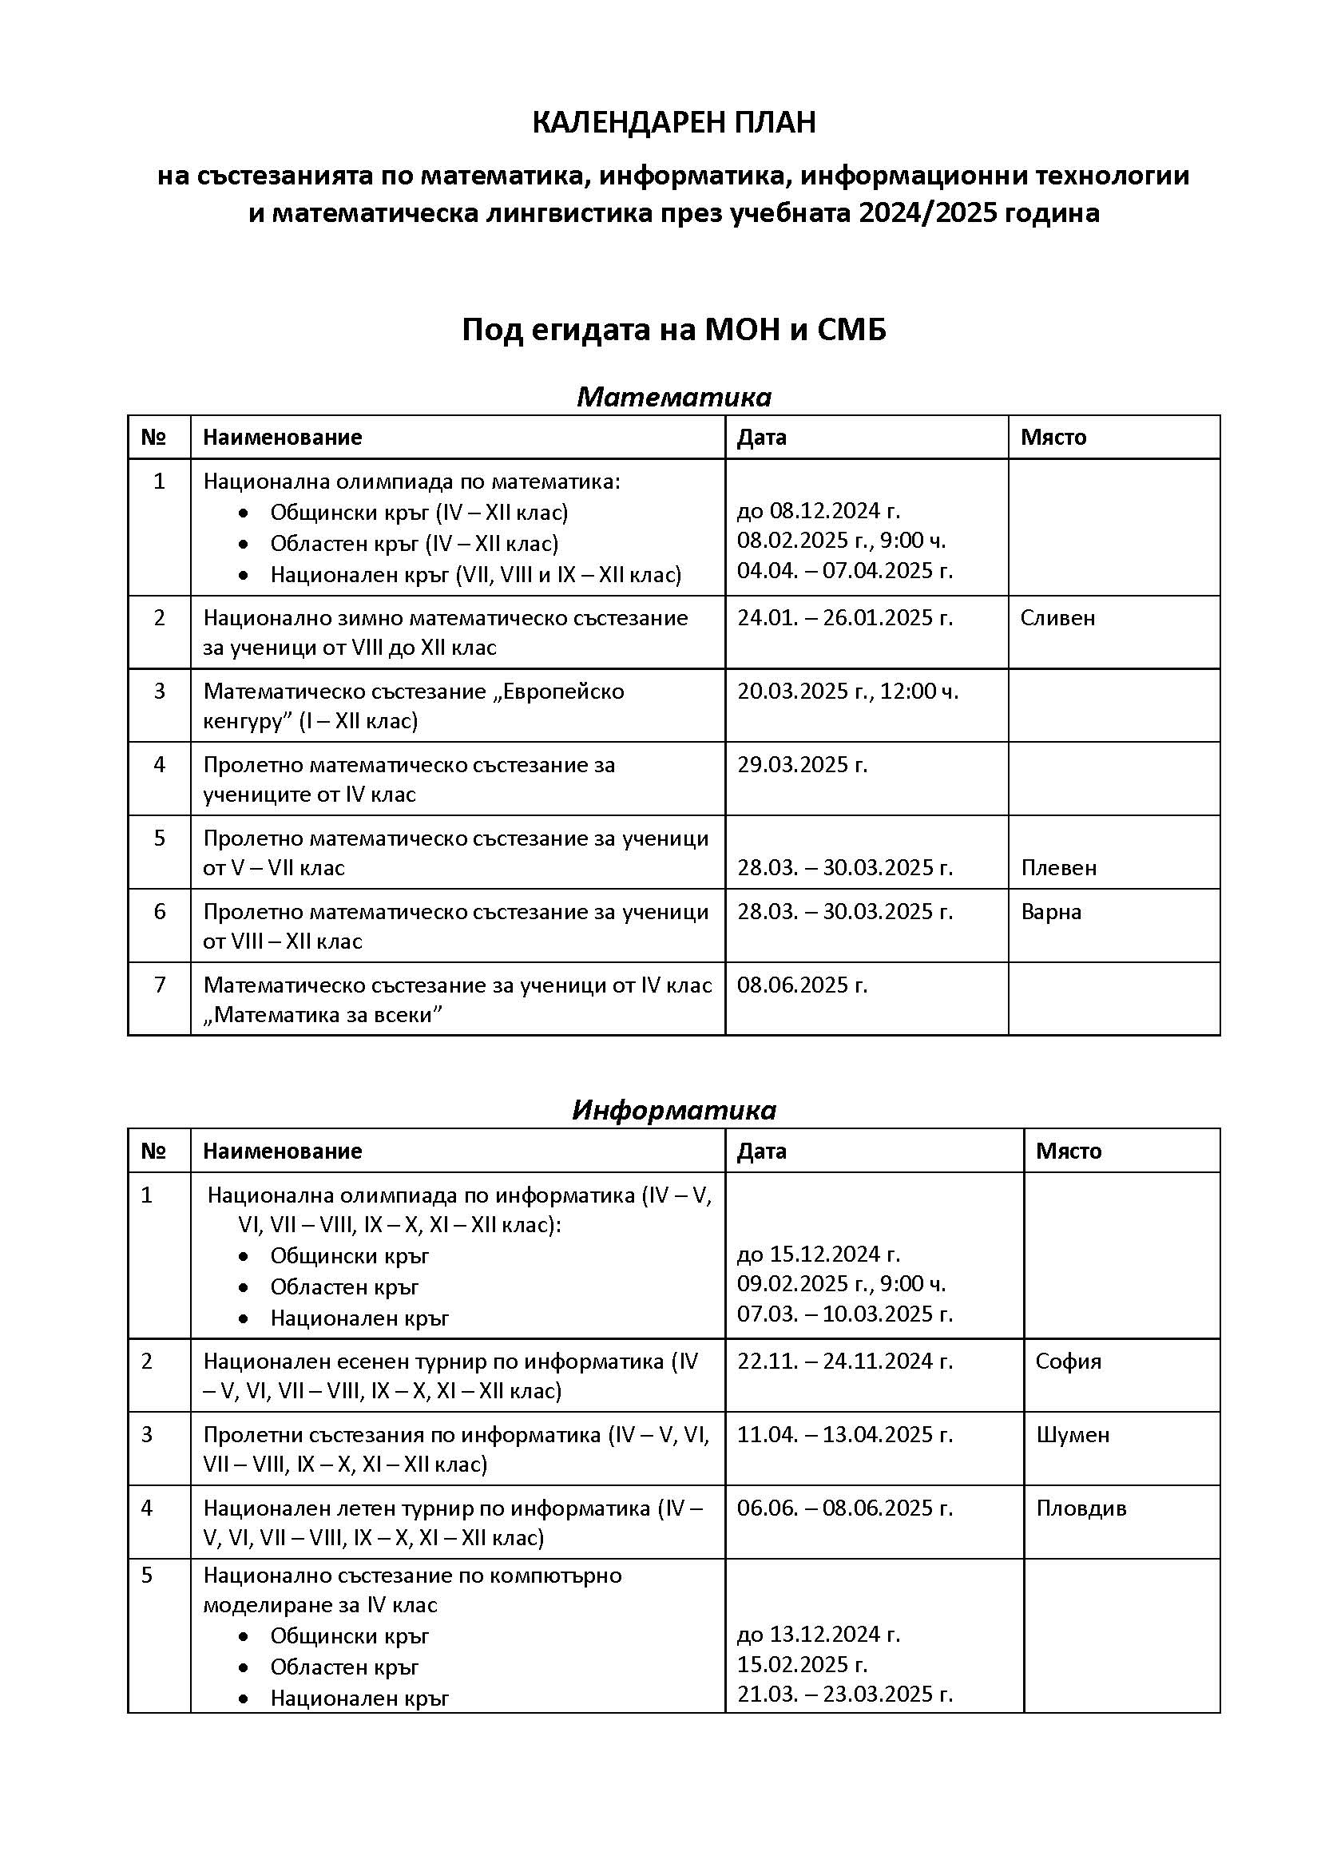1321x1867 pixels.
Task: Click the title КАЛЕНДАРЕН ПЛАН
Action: tap(673, 123)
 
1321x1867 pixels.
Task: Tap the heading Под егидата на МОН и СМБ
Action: tap(673, 330)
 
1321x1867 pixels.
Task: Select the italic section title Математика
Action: tap(673, 397)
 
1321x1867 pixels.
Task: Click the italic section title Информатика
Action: tap(673, 1110)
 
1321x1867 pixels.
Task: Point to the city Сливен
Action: tap(1057, 618)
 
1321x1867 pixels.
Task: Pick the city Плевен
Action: tap(1058, 868)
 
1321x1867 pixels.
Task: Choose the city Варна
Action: tap(1051, 912)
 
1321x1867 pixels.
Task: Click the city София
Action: tap(1068, 1362)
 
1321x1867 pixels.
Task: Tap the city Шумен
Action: tap(1072, 1434)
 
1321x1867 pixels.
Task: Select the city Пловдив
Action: tap(1081, 1508)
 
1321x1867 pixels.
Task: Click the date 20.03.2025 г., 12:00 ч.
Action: tap(847, 692)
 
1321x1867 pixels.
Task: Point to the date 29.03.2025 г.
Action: tap(802, 764)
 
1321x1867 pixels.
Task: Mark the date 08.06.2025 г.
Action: tap(802, 985)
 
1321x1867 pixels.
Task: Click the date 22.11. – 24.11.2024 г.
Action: tap(844, 1362)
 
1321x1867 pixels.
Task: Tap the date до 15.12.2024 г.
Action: tap(819, 1254)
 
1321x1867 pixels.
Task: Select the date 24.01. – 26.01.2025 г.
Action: tap(844, 618)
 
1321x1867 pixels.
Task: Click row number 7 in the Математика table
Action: tap(160, 985)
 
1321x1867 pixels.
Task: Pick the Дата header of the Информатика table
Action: tap(761, 1151)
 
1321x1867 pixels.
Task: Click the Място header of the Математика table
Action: tap(1053, 438)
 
